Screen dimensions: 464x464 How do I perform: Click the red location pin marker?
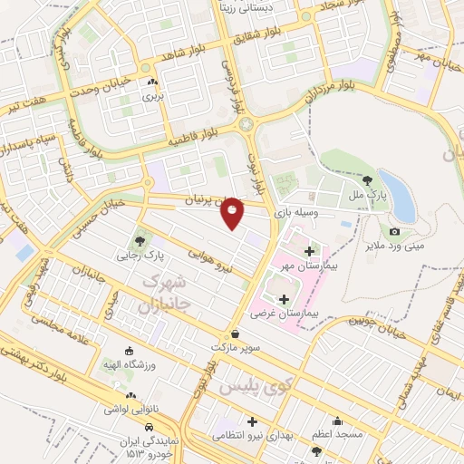[x=233, y=212]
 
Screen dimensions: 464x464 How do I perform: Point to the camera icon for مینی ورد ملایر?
[x=394, y=232]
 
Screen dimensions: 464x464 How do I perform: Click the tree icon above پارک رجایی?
[x=139, y=240]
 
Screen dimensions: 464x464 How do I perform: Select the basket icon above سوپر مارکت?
[x=236, y=333]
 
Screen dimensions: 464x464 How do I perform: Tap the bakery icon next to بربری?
[x=151, y=82]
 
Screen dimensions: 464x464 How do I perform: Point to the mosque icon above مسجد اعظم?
[x=337, y=420]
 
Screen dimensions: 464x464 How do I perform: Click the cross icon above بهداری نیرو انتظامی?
[x=252, y=421]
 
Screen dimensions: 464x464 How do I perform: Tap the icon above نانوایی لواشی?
[x=132, y=396]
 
